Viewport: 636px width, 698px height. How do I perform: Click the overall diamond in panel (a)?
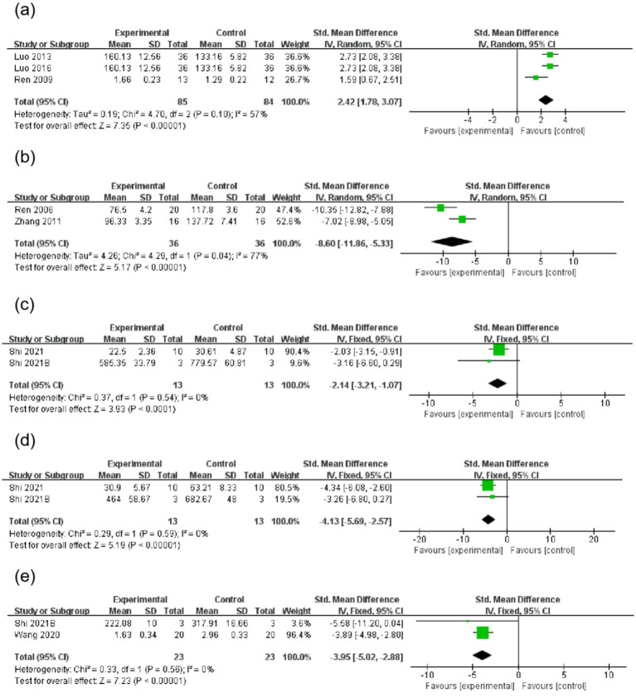[545, 99]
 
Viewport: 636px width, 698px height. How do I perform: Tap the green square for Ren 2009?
[536, 77]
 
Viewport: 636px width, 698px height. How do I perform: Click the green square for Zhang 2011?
[462, 219]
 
